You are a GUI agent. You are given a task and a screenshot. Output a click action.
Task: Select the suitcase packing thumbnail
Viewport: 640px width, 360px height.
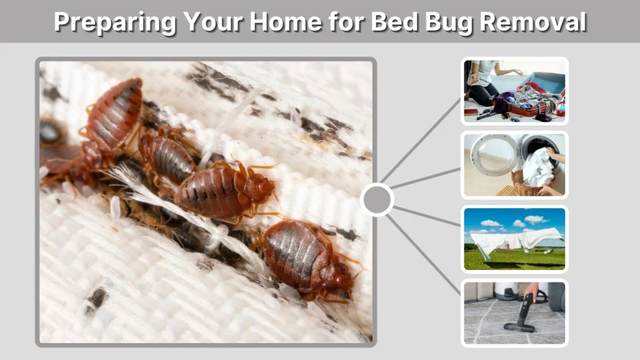(x=514, y=91)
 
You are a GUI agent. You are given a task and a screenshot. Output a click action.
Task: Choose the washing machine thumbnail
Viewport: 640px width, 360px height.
(x=514, y=165)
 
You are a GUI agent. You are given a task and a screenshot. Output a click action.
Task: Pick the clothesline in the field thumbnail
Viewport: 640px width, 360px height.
(x=514, y=239)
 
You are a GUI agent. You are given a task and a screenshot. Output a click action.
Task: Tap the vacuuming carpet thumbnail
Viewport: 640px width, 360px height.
(x=514, y=313)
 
